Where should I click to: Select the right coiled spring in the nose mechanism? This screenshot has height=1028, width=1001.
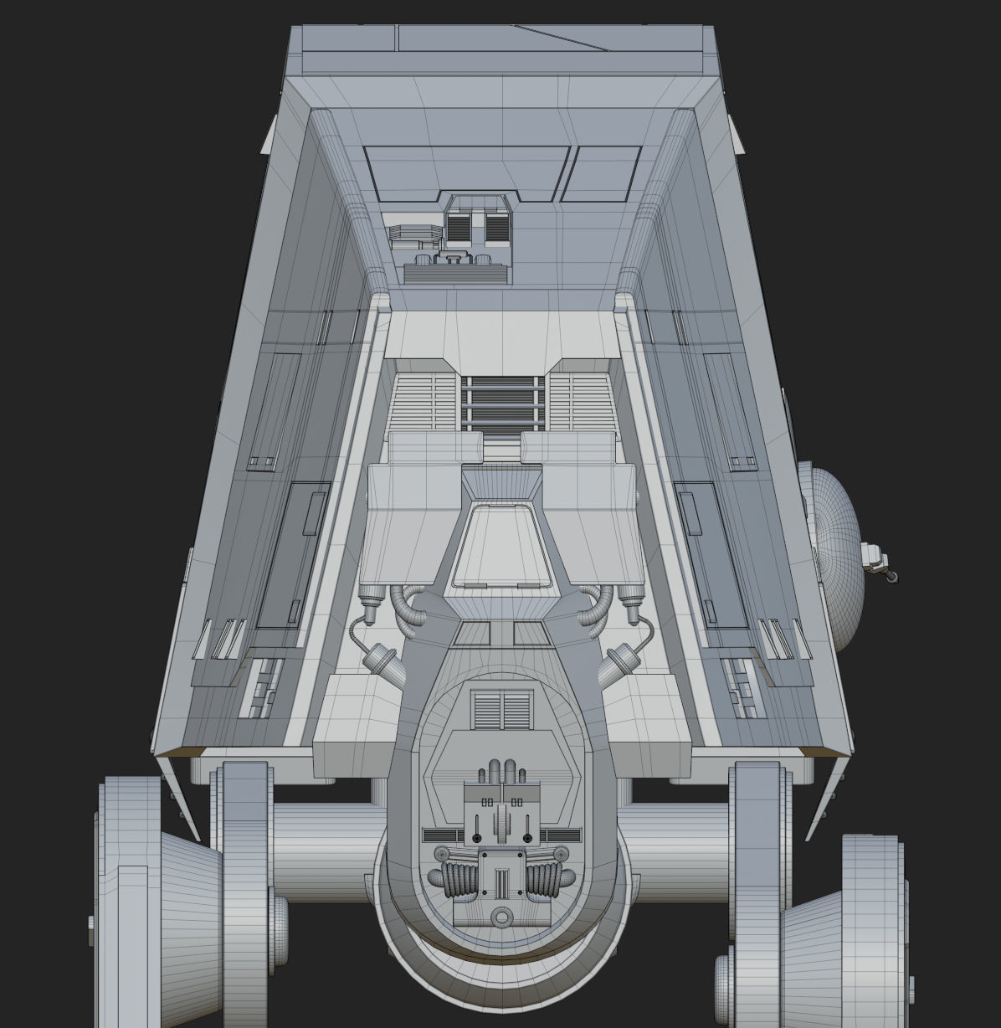tap(543, 879)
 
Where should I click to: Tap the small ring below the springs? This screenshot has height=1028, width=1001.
tap(501, 917)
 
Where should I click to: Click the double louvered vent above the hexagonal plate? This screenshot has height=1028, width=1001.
tap(501, 710)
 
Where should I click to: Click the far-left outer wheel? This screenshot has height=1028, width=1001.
tap(130, 900)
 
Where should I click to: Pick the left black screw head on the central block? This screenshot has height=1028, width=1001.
tap(476, 838)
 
